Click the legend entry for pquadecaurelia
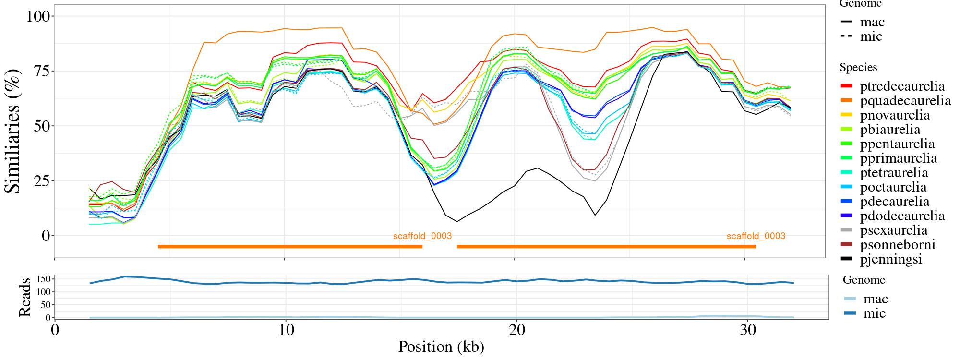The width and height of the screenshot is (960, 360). (x=905, y=101)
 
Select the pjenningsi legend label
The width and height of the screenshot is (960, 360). (x=891, y=259)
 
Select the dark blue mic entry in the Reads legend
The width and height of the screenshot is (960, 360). (x=874, y=313)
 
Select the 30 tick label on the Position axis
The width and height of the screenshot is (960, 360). (x=745, y=331)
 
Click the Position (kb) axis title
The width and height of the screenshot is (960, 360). (x=441, y=347)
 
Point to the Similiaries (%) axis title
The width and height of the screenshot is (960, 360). (x=13, y=131)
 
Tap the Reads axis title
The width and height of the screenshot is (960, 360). (x=24, y=298)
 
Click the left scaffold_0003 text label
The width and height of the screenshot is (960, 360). (x=422, y=236)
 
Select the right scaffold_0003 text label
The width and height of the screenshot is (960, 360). (x=756, y=236)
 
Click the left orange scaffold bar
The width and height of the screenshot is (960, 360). (x=290, y=247)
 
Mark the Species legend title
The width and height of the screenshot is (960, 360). (x=858, y=68)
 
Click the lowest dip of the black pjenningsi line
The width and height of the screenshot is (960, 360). (x=457, y=221)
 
